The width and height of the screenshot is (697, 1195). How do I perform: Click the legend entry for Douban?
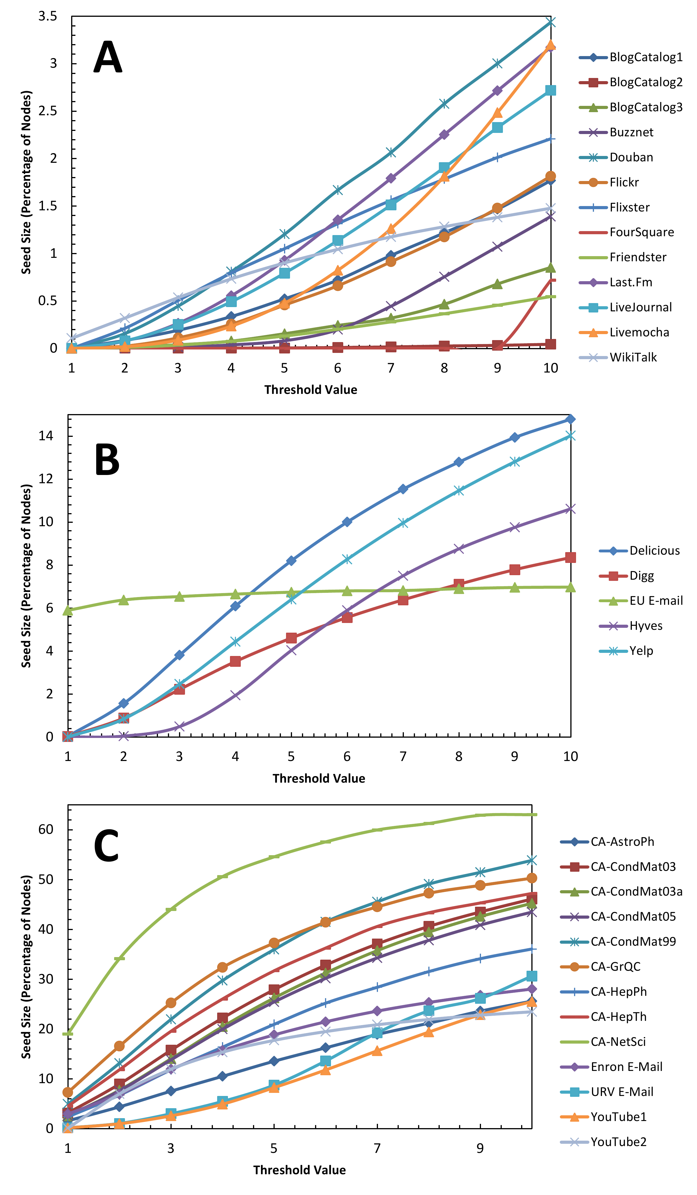(x=631, y=157)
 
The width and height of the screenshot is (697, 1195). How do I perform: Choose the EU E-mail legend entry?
(x=656, y=601)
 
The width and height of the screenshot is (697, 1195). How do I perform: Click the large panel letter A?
(x=108, y=57)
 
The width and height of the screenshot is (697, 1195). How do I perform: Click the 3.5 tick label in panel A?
(x=48, y=17)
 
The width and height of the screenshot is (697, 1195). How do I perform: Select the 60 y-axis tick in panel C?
(x=46, y=829)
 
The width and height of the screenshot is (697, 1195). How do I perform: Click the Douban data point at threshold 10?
(x=550, y=22)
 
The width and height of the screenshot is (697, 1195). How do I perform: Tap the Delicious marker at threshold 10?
(x=570, y=419)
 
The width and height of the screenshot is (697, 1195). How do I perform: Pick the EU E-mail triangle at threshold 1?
(x=68, y=610)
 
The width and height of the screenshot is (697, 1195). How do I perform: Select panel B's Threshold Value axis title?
(x=319, y=779)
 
